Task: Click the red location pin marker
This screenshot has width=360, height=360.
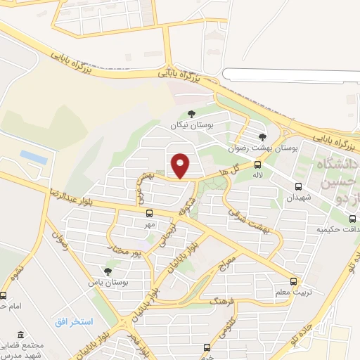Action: point(181,165)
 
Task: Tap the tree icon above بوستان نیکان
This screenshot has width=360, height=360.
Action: point(191,114)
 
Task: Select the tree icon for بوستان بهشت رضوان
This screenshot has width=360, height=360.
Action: point(262,136)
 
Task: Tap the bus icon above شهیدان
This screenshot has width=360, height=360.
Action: point(299,187)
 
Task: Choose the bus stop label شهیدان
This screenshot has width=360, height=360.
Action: point(299,198)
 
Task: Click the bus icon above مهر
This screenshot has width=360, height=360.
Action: point(149,213)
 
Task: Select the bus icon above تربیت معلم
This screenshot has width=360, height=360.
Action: point(294,281)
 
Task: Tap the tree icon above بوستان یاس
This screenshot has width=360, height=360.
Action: point(108,271)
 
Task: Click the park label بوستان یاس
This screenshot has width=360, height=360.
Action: point(107,283)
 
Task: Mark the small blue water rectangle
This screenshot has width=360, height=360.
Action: point(34,156)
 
